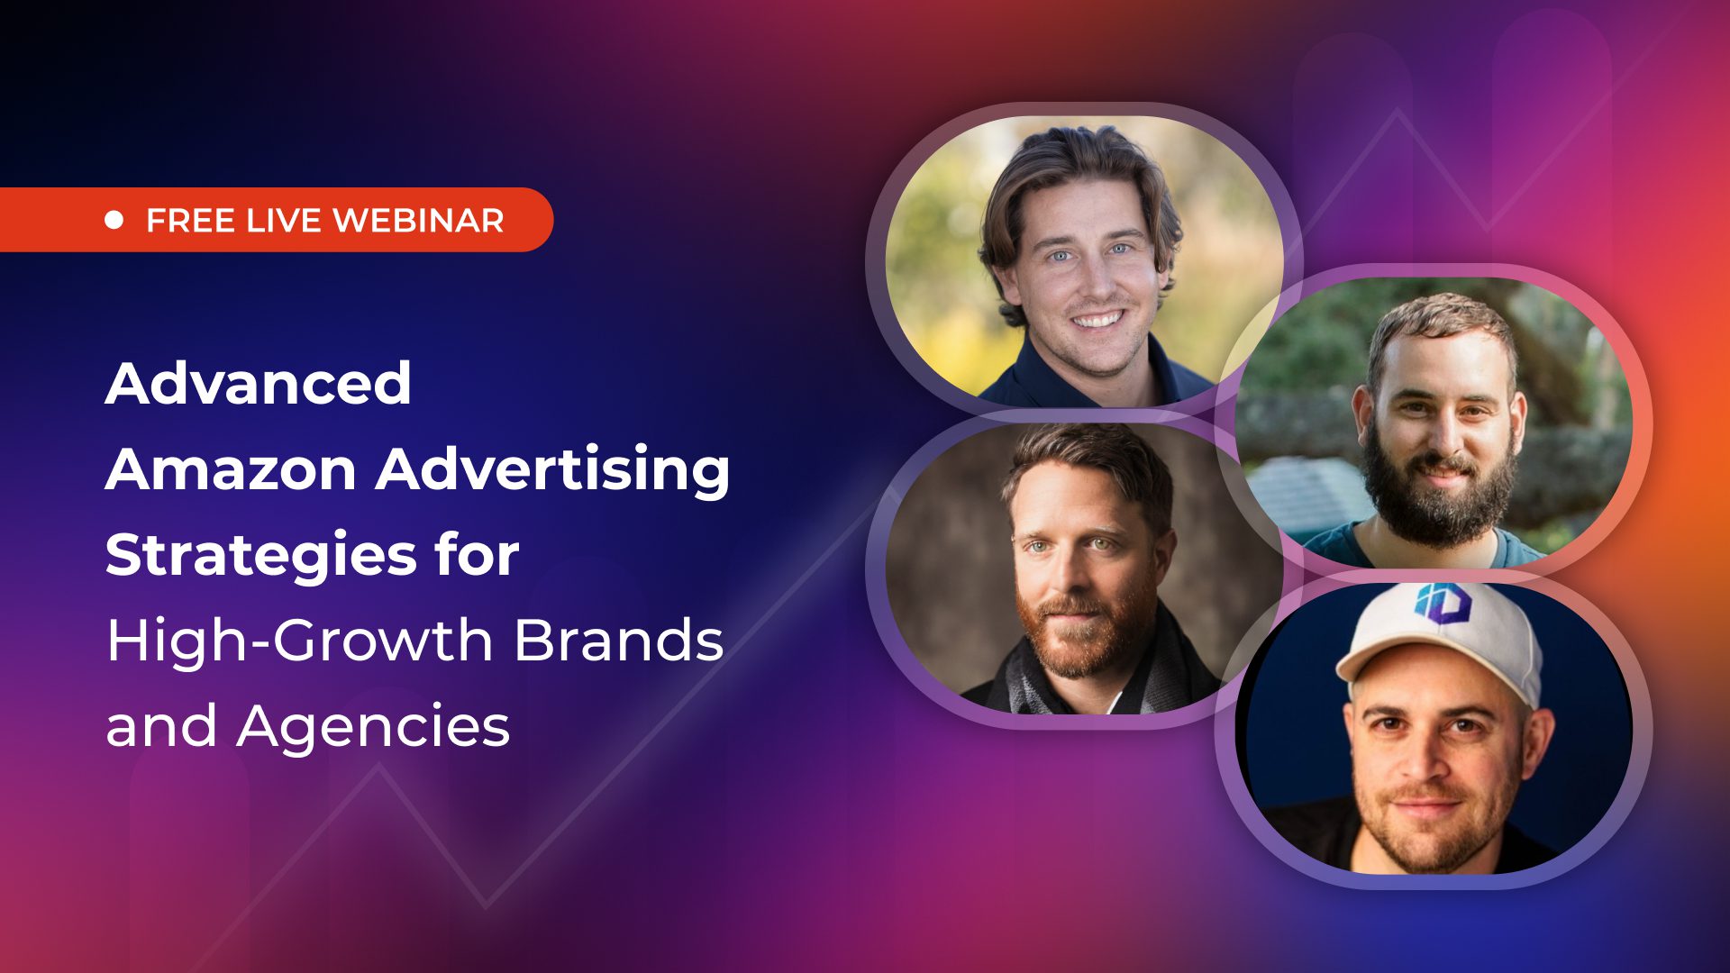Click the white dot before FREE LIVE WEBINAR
tap(114, 220)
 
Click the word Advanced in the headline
tap(259, 384)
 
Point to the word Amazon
tap(231, 470)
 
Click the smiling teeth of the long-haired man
tap(1097, 320)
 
